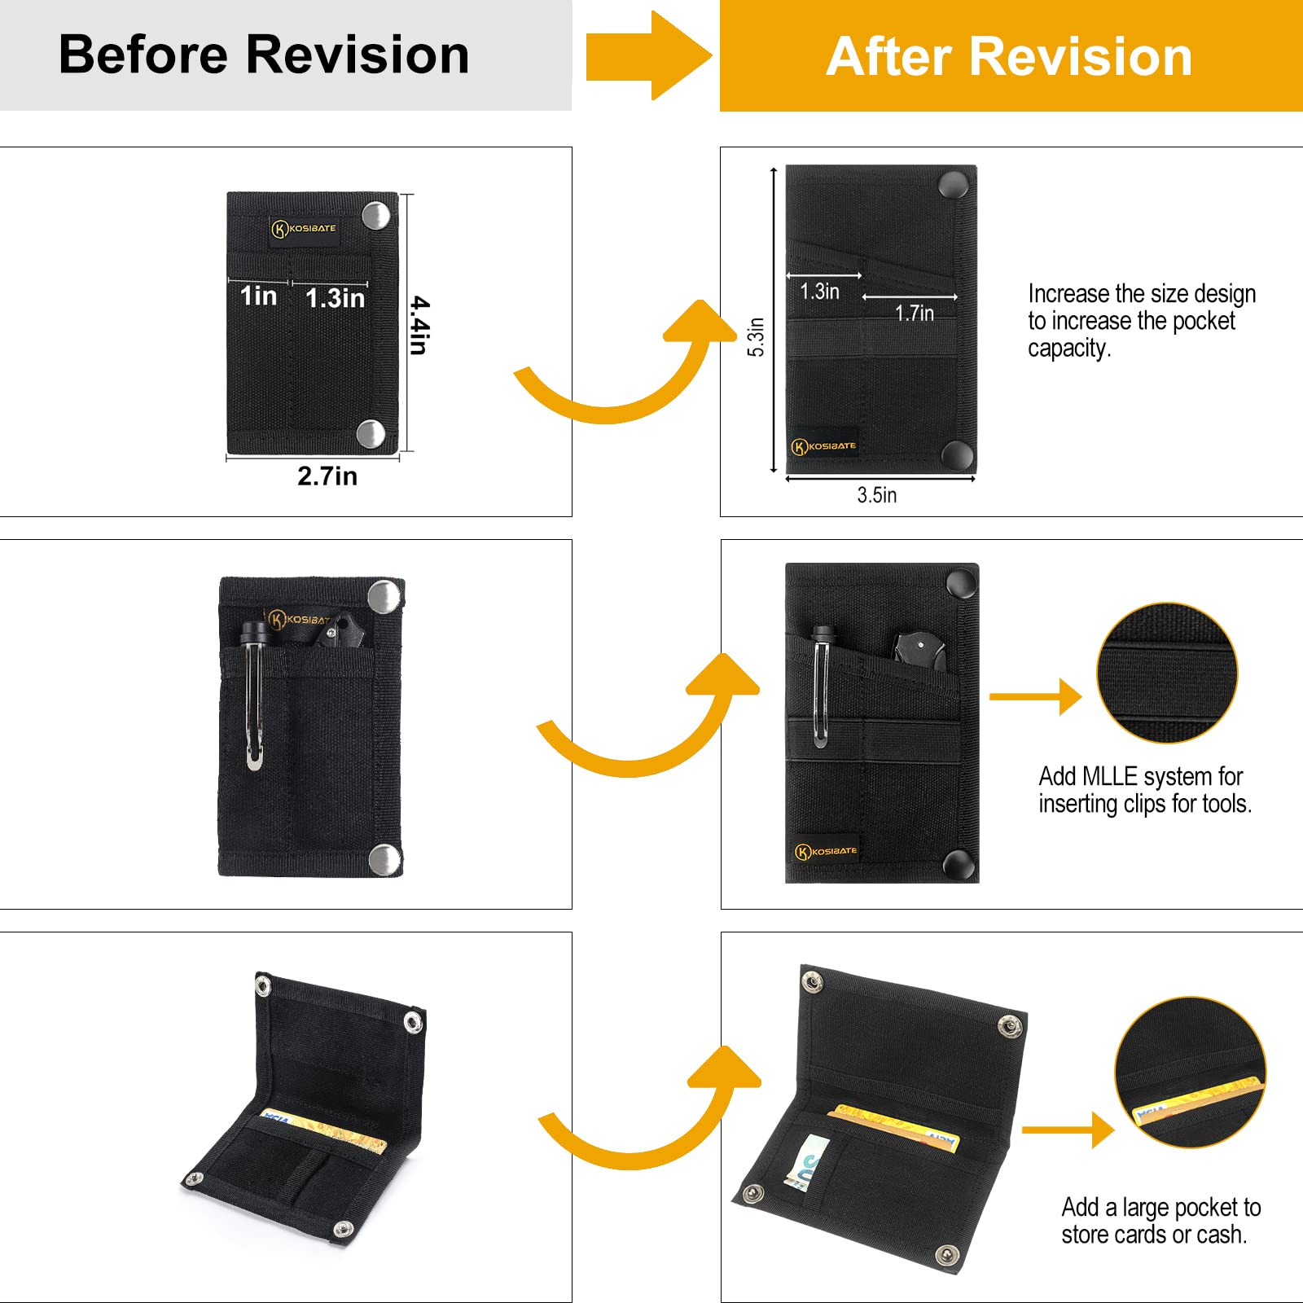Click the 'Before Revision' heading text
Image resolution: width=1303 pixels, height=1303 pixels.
(264, 55)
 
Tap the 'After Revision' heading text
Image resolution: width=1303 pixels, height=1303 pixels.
(1009, 57)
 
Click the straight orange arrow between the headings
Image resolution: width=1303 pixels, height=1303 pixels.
(647, 56)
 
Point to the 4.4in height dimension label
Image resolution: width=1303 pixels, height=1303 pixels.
(419, 325)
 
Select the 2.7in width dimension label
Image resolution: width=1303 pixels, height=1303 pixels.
(327, 476)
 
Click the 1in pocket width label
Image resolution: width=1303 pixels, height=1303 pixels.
(258, 296)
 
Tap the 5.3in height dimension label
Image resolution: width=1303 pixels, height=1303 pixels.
(756, 336)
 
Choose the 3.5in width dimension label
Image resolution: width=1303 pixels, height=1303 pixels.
(876, 495)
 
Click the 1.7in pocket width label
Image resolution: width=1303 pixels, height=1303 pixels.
(914, 313)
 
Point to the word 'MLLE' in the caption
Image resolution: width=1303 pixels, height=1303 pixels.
(1110, 776)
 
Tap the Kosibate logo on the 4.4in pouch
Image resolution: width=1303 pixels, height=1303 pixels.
(304, 229)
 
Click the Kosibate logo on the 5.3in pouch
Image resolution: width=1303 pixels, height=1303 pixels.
(824, 446)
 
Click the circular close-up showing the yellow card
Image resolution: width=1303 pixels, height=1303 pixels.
(1190, 1072)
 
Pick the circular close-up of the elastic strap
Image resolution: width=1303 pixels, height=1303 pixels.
(1167, 673)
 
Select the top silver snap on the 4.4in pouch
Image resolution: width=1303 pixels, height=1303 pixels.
(375, 216)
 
